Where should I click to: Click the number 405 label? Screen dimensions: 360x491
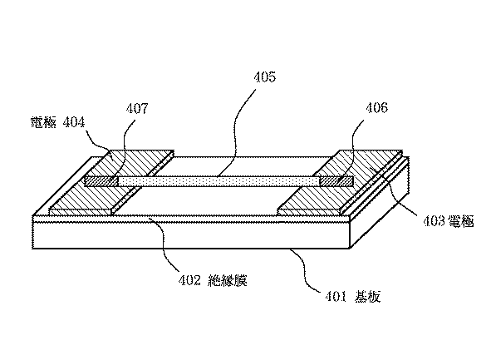click(x=263, y=77)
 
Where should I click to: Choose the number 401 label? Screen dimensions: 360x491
click(x=336, y=292)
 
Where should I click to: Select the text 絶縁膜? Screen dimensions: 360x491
click(x=228, y=280)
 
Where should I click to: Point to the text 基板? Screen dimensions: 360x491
click(x=367, y=292)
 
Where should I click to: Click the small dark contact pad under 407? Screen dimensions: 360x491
click(x=101, y=180)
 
